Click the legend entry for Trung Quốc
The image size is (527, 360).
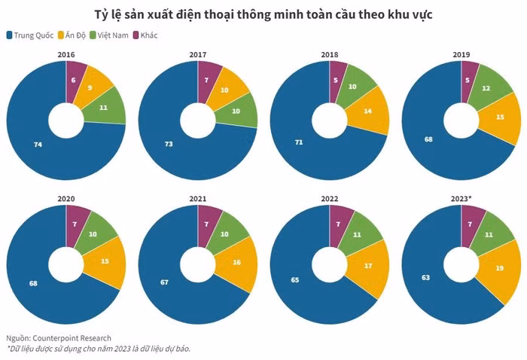pos(29,35)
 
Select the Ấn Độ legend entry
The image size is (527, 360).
pos(72,35)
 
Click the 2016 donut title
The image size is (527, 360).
pos(65,55)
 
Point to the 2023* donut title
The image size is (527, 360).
pos(462,199)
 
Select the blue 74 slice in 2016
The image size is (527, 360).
pos(37,143)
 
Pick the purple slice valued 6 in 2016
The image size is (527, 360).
pos(74,79)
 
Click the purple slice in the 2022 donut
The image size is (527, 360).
pos(338,224)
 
